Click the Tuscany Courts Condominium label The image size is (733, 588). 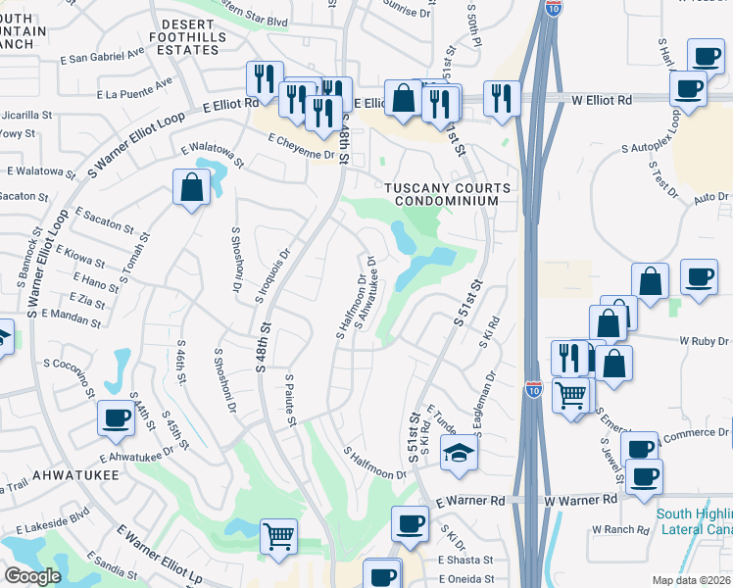(x=447, y=194)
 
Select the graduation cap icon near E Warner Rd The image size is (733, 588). (x=457, y=453)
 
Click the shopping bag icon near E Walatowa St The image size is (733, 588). (x=192, y=186)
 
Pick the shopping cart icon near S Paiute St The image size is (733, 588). (x=279, y=537)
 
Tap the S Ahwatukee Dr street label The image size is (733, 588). (x=366, y=291)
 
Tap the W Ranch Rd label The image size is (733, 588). (x=620, y=530)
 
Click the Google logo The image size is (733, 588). (x=31, y=576)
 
